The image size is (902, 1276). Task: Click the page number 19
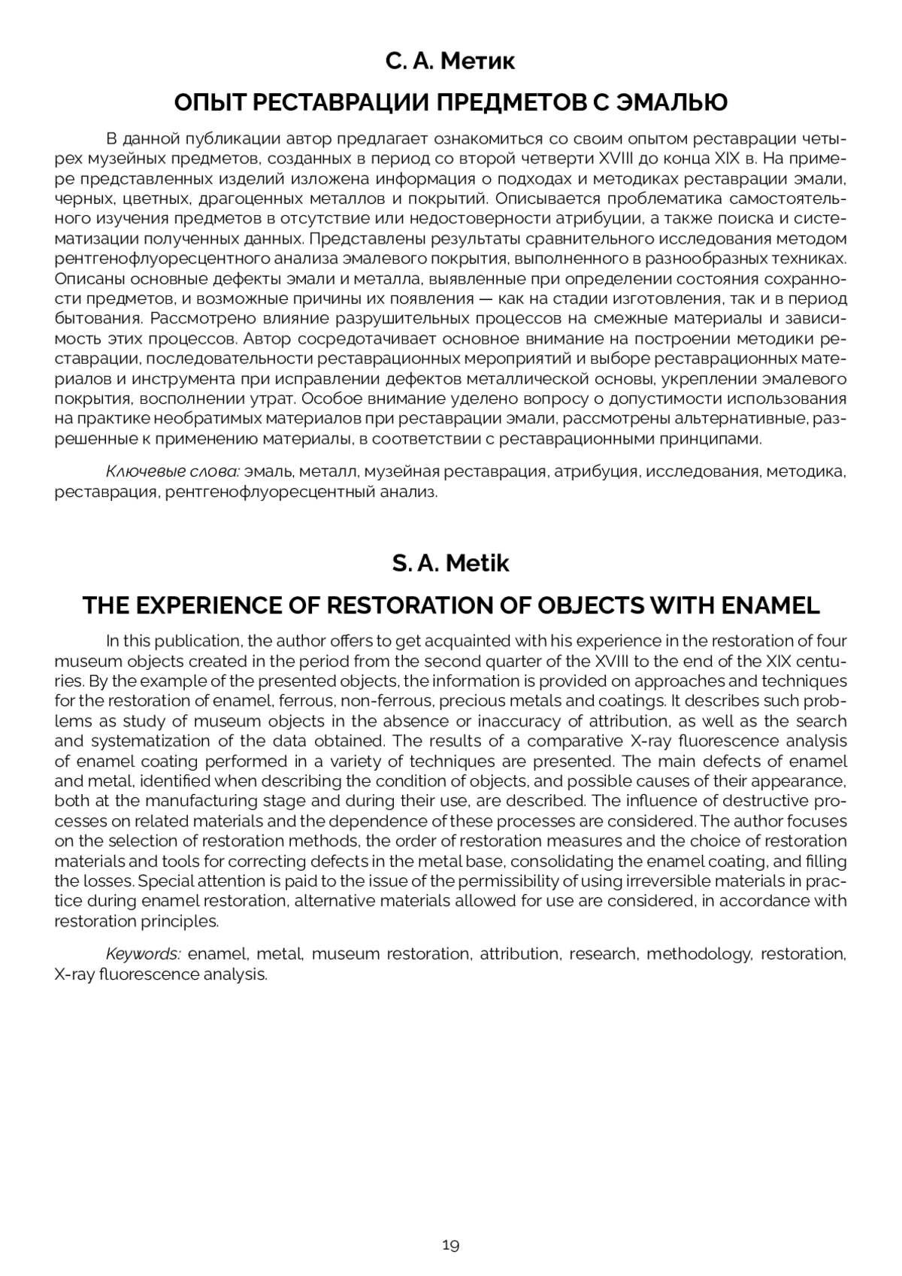450,1245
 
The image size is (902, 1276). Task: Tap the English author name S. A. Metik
450,563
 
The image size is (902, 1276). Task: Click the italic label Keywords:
143,954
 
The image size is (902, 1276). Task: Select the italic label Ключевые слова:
173,472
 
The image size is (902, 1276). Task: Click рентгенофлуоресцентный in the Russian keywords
274,493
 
